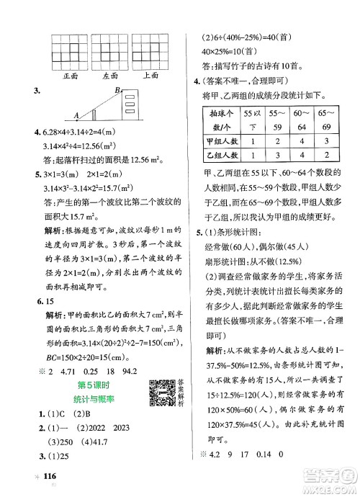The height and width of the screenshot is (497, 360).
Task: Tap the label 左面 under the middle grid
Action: [x=111, y=74]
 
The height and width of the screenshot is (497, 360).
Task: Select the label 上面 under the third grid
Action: [x=151, y=74]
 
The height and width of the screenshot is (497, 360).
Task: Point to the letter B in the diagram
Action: [x=118, y=89]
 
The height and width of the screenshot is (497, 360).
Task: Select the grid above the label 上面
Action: [x=151, y=51]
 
